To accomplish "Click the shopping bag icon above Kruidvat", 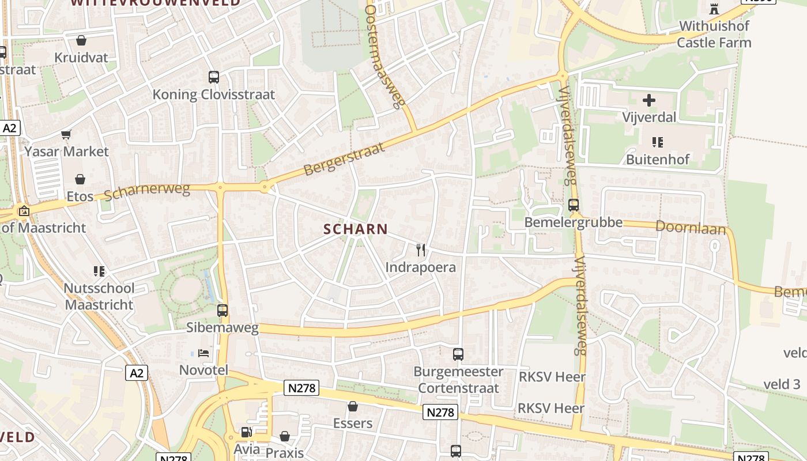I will pos(81,40).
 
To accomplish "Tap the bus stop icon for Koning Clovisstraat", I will pos(213,77).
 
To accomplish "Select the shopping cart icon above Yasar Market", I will pos(66,134).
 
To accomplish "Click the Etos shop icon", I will pos(80,179).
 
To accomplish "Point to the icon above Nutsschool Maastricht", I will pos(99,271).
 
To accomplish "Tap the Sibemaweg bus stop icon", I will pos(223,311).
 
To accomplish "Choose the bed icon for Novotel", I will pos(203,353).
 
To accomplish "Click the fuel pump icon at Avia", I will pos(246,432).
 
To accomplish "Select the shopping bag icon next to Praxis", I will pos(285,436).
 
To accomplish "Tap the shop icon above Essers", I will pos(353,406).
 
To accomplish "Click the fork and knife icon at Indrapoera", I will pos(421,250).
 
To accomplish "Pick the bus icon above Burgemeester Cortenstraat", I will pos(458,354).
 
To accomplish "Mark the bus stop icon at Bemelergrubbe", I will pos(574,205).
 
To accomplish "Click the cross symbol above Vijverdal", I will pos(649,100).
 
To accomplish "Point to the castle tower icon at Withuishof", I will pos(714,9).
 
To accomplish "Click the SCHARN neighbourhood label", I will pos(356,229).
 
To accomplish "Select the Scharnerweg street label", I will pos(147,192).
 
